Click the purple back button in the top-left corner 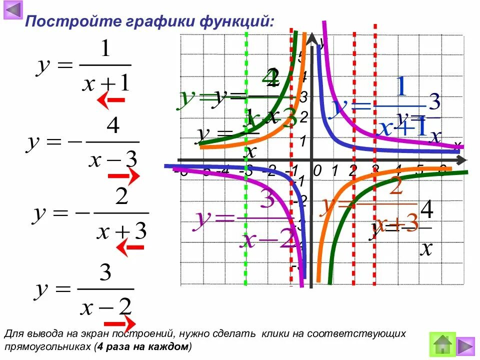click(13, 10)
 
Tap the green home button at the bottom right click(443, 344)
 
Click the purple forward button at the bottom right click(465, 345)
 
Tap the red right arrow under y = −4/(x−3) click(123, 176)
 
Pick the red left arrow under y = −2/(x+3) click(129, 247)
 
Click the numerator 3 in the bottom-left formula click(105, 273)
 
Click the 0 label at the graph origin click(317, 171)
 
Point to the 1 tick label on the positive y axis click(302, 141)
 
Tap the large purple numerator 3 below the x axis click(267, 201)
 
